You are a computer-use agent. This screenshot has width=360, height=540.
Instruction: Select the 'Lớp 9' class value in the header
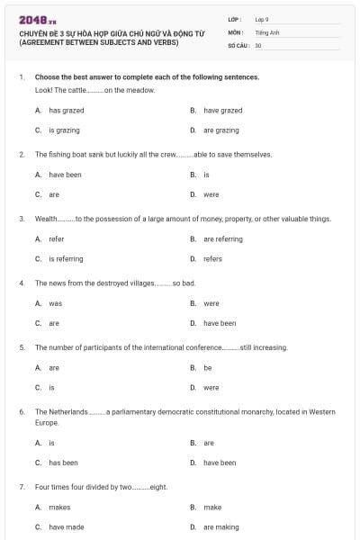tap(261, 19)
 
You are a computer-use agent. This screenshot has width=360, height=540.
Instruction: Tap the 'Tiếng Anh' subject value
tap(265, 31)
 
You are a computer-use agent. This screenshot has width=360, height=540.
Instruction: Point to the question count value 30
tap(258, 45)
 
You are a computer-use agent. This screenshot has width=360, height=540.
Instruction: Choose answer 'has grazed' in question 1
tap(66, 111)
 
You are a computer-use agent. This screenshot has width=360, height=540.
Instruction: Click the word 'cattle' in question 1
tap(80, 91)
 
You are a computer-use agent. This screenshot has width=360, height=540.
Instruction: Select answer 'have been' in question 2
tap(65, 175)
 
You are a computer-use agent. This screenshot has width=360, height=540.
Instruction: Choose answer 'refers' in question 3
tap(212, 259)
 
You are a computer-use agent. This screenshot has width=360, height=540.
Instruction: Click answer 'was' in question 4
tap(55, 303)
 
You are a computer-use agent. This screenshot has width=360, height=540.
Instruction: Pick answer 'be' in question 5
tap(207, 368)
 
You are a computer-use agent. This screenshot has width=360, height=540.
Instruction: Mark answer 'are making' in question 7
tap(220, 526)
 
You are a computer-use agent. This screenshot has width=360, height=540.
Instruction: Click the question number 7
tap(21, 487)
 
